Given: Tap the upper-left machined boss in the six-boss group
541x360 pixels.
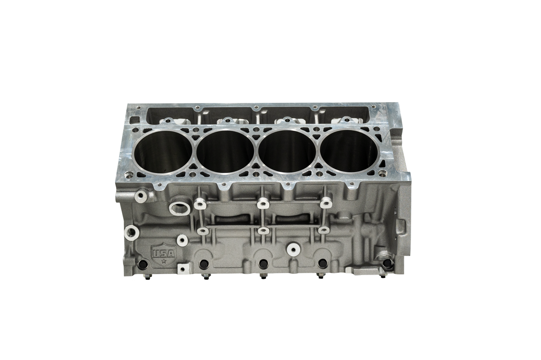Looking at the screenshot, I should (199, 204).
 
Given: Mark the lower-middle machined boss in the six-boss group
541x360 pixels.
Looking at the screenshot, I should (263, 231).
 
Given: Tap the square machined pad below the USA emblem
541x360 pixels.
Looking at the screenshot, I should (182, 268).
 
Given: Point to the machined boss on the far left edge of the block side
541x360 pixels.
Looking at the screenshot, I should (131, 230).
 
